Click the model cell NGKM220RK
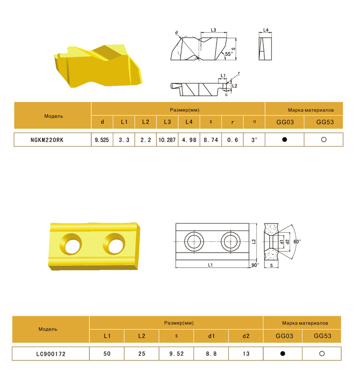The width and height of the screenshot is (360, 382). (x=47, y=140)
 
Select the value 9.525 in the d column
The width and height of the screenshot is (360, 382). (x=102, y=140)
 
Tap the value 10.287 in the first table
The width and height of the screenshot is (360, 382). (x=167, y=140)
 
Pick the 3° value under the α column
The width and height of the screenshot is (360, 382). (x=254, y=140)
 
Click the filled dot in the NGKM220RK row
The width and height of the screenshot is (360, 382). (x=284, y=140)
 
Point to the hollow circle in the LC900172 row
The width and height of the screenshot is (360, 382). (x=322, y=354)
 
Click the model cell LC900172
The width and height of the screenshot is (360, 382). (x=51, y=354)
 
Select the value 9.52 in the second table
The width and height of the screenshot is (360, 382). (x=177, y=354)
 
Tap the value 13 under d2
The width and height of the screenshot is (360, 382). (x=246, y=354)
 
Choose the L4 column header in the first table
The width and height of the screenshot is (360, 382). (x=189, y=122)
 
